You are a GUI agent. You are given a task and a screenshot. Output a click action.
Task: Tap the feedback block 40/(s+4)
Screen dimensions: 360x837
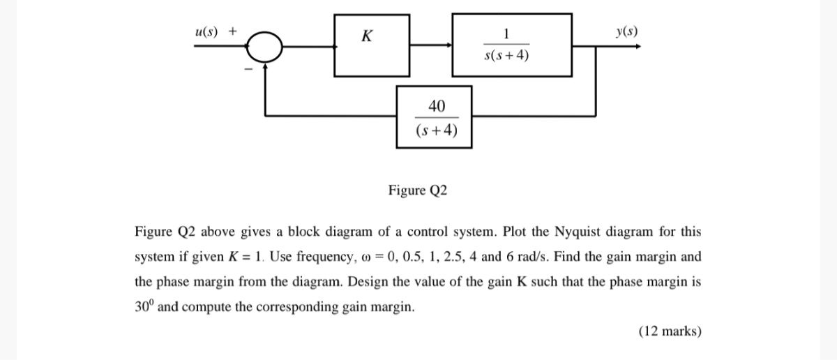click(435, 117)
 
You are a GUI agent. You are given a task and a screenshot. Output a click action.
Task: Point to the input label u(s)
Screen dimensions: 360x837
click(207, 31)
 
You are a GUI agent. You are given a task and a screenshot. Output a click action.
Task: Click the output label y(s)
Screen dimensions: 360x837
click(626, 31)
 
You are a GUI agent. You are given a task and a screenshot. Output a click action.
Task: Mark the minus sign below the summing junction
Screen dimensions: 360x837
click(246, 68)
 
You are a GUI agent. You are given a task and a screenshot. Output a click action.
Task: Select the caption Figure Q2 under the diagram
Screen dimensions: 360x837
click(418, 190)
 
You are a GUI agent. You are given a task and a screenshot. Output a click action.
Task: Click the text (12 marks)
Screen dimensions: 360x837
click(670, 331)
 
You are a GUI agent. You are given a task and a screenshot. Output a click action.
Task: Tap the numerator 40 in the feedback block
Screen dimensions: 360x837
click(436, 106)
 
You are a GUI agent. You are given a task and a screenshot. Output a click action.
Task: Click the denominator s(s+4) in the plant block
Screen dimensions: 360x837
click(506, 56)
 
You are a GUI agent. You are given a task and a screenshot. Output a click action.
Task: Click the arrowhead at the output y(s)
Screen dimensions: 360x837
click(638, 47)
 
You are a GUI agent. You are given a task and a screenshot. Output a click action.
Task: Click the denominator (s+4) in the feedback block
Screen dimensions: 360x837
click(436, 130)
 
